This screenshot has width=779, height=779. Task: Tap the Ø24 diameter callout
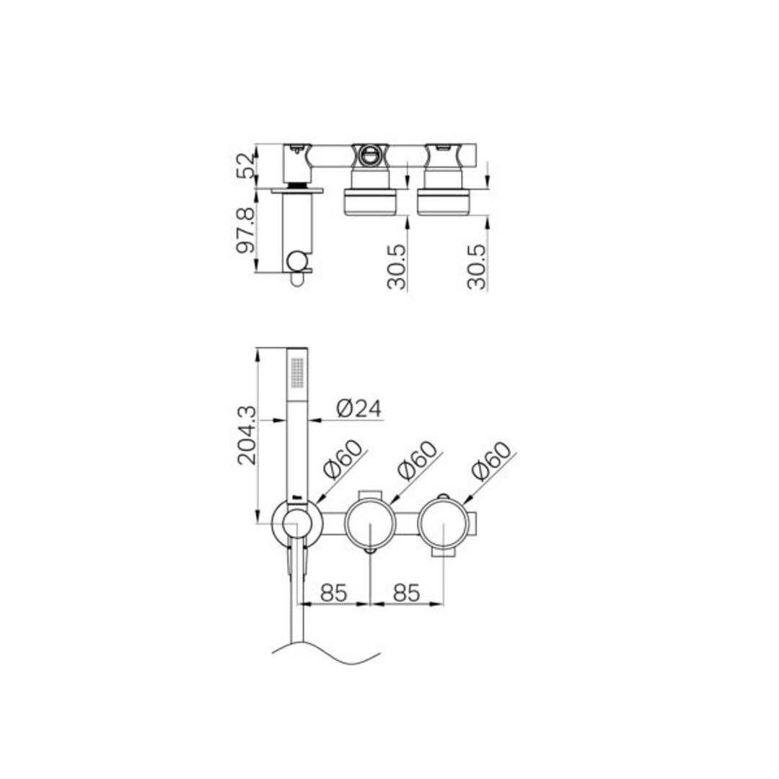tap(359, 408)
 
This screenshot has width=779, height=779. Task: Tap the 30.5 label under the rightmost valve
tap(477, 266)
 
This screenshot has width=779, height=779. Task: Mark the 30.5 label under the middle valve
tap(397, 266)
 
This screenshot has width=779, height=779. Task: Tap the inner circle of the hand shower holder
tap(296, 524)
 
